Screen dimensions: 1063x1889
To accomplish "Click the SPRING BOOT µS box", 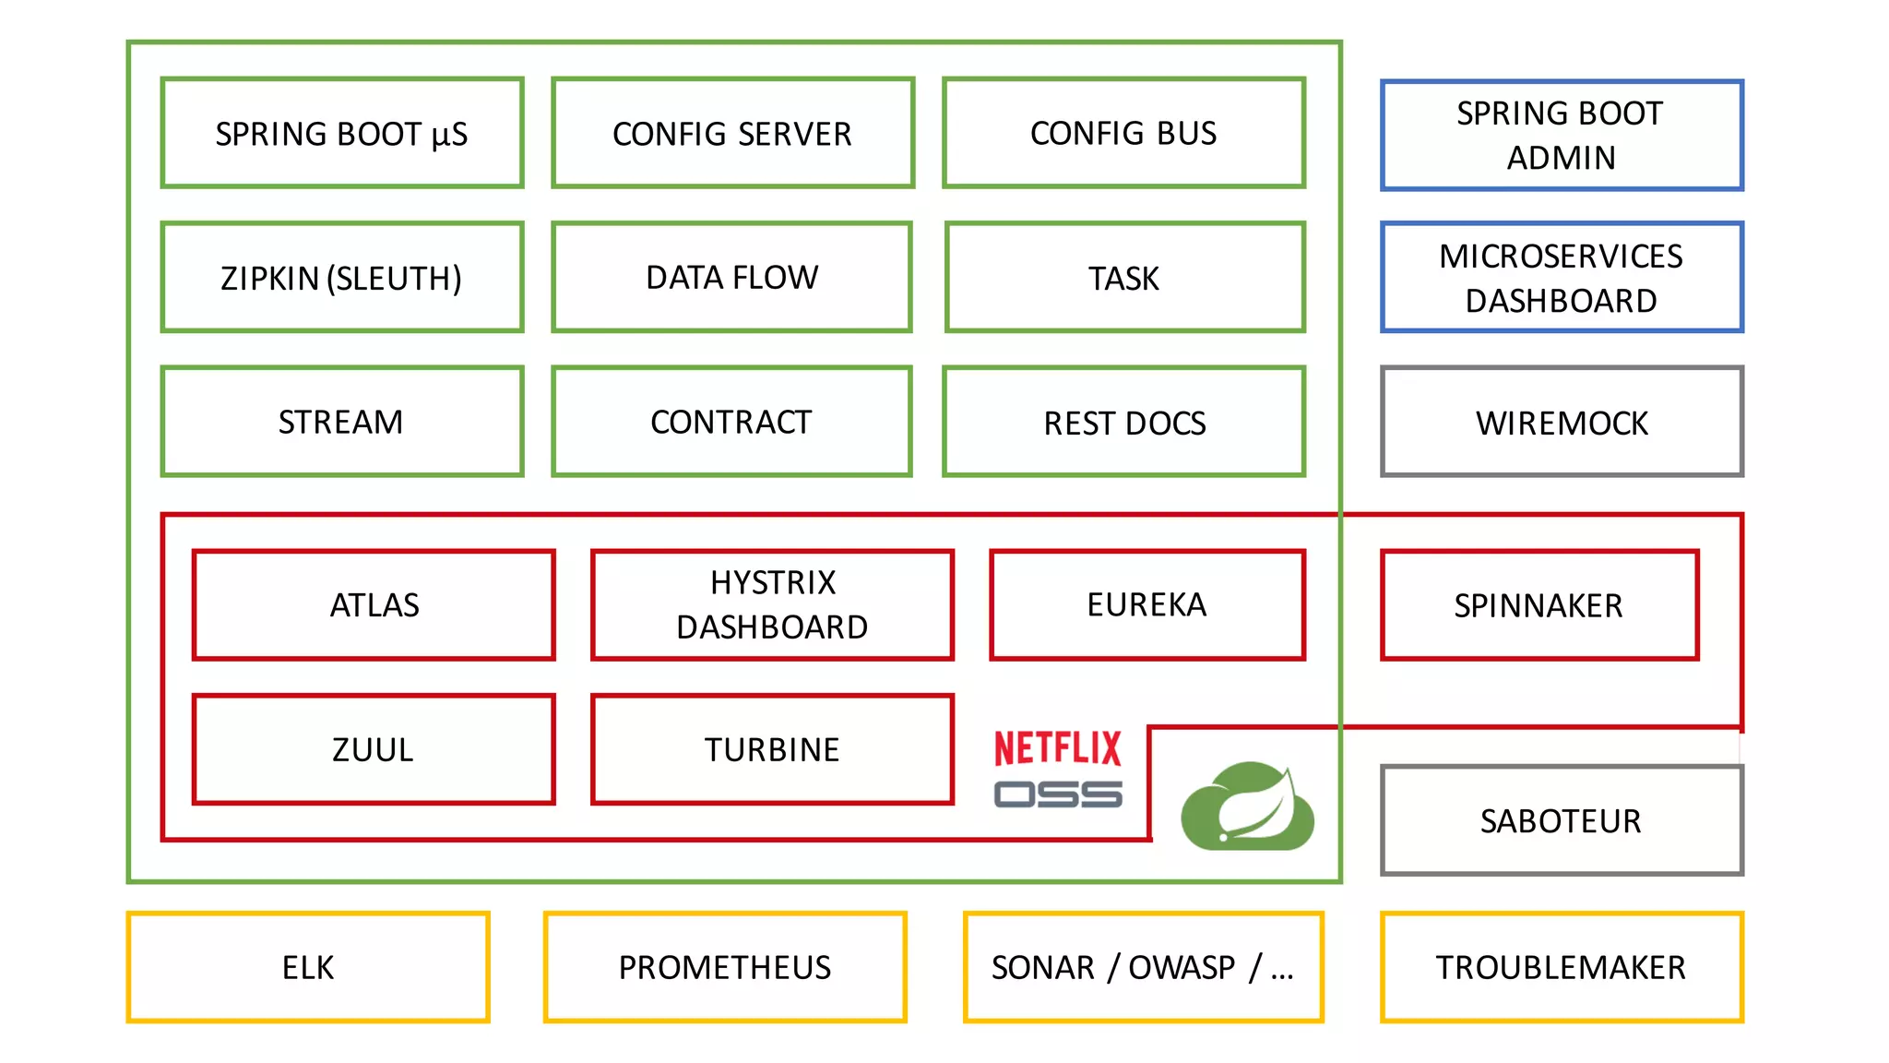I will [x=342, y=133].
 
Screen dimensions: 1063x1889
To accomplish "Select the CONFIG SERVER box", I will [x=732, y=133].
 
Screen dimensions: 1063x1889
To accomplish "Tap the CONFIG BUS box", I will [x=1123, y=133].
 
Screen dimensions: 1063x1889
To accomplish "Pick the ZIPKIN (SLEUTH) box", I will [x=342, y=277].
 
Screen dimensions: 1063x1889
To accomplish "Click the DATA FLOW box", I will [x=732, y=277].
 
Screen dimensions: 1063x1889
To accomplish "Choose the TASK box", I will [x=1124, y=277].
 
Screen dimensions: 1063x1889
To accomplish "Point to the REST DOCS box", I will [x=1123, y=422].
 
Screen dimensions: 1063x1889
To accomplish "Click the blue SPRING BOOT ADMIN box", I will [x=1561, y=136].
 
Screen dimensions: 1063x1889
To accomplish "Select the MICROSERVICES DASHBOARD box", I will [x=1561, y=277].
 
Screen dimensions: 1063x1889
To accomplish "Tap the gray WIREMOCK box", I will [x=1561, y=422].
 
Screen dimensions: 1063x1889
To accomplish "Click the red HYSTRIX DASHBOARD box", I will [x=772, y=604].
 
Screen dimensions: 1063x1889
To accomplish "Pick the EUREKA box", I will [x=1146, y=604].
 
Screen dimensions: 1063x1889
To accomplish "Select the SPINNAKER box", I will [x=1539, y=604].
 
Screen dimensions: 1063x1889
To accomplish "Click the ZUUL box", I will [x=374, y=748].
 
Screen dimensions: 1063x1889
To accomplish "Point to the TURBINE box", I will [x=772, y=748].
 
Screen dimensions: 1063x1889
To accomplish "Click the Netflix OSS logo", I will [x=1058, y=769].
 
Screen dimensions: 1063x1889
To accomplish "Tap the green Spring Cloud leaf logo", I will [x=1248, y=806].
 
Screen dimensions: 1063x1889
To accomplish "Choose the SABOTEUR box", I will [x=1561, y=819].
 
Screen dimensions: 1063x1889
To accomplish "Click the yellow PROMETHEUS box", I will [x=725, y=966].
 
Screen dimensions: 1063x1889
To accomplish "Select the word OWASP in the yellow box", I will [x=1182, y=967].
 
